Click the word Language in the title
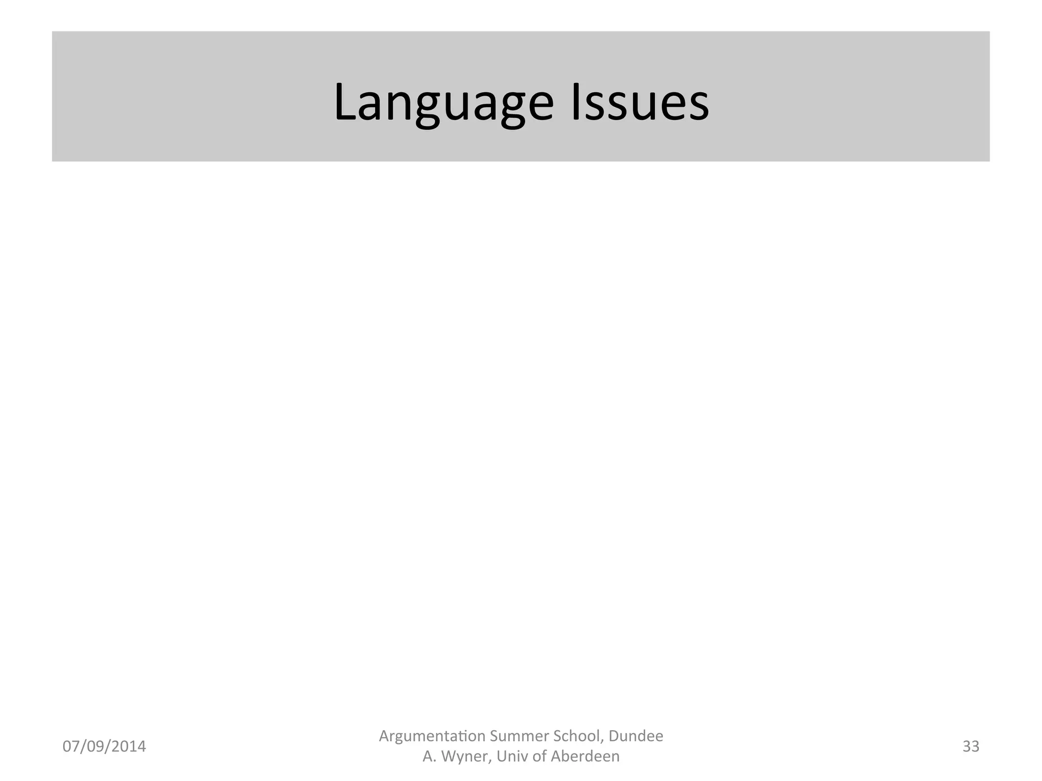(x=443, y=103)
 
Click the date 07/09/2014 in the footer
(x=104, y=746)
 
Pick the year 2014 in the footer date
(x=129, y=746)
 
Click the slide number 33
(x=971, y=746)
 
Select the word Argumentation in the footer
(x=431, y=736)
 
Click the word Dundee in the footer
(x=636, y=736)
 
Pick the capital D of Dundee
(x=614, y=736)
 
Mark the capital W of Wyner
(x=449, y=757)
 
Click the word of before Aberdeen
(x=539, y=757)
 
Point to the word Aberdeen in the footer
(x=585, y=757)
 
